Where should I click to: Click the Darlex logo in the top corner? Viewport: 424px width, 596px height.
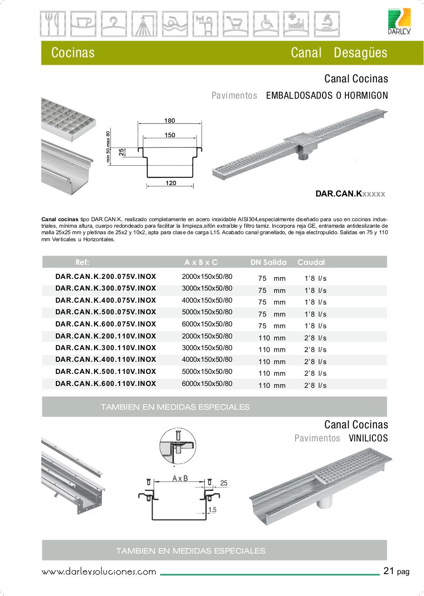point(399,21)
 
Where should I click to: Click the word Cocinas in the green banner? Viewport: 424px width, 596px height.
point(73,53)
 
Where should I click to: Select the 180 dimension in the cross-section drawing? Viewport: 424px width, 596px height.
point(169,121)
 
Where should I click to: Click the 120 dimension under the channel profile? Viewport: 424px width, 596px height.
point(171,183)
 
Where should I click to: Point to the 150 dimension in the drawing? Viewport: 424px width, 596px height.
point(169,135)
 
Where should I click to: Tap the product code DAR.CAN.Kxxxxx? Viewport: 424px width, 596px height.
point(350,194)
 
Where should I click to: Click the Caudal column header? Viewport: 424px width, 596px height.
point(311,262)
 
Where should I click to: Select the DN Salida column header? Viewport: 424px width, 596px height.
point(268,262)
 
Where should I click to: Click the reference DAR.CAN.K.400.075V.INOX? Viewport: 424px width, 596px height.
point(106,300)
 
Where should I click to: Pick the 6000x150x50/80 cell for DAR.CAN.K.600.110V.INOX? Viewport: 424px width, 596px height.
point(207,384)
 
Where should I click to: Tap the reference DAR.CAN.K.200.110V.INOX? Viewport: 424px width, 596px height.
point(106,336)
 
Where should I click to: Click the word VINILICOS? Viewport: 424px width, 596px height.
point(368,438)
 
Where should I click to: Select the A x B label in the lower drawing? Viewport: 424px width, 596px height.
point(180,478)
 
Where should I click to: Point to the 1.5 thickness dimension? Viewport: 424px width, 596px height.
point(212,510)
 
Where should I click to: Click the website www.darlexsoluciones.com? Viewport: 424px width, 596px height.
point(99,572)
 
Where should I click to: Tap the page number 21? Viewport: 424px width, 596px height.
point(389,571)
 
